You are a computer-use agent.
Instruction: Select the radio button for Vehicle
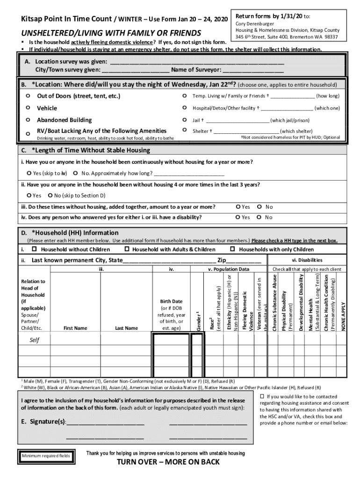[29, 108]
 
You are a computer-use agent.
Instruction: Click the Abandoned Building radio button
[29, 120]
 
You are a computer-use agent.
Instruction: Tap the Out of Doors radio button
[29, 96]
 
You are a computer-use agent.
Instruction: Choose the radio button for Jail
[185, 120]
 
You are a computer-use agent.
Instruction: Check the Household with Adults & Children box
[127, 249]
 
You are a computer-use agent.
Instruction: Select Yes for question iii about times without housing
[238, 207]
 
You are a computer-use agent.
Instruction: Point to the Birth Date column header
[171, 314]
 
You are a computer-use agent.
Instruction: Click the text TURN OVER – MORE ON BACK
[168, 462]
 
